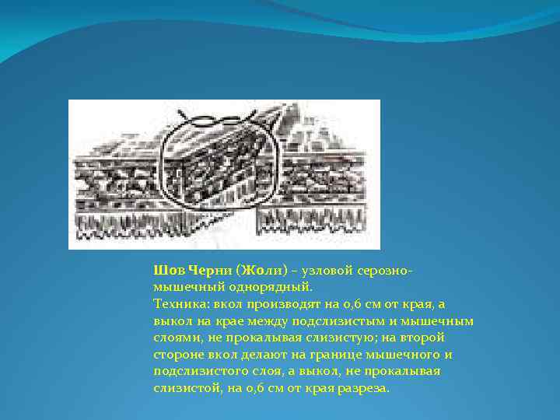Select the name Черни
(x=206, y=271)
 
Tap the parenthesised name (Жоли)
(x=261, y=271)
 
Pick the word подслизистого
(x=197, y=371)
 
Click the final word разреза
(x=365, y=388)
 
